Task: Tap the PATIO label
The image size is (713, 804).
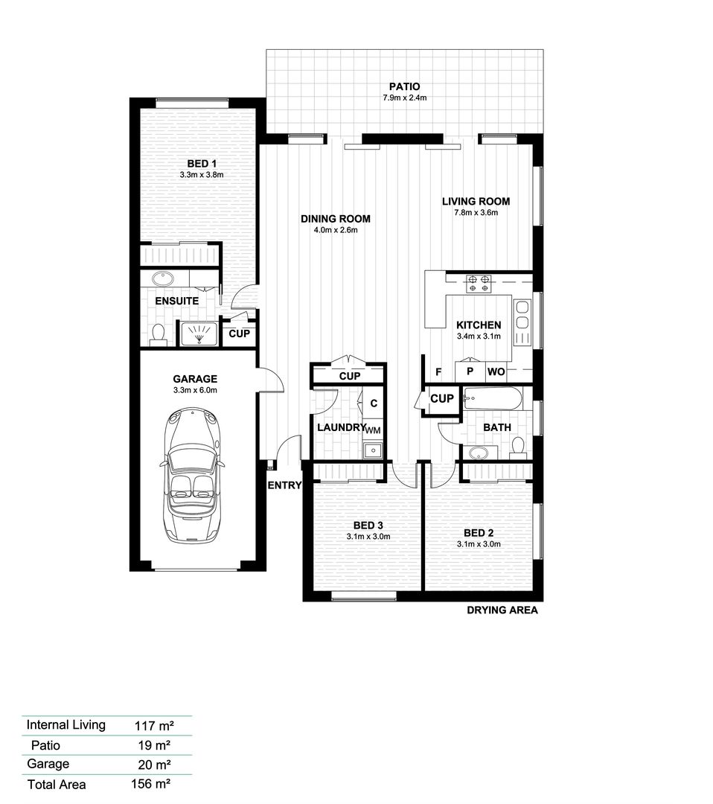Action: coord(404,87)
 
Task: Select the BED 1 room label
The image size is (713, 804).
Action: coord(202,164)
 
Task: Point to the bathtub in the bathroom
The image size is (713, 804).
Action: coord(492,399)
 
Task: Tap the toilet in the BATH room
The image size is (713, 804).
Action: coord(519,447)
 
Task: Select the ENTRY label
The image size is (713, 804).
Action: coord(284,485)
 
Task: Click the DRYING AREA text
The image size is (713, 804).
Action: coord(502,610)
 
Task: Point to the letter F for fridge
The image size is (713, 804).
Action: coord(438,371)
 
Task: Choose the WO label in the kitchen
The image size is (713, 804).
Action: coord(496,371)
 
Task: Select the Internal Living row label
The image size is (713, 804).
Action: coord(65,724)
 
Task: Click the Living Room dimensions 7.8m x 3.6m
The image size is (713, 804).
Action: coord(476,213)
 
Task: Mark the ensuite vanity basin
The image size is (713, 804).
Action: coord(163,280)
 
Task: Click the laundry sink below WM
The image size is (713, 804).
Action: coord(371,449)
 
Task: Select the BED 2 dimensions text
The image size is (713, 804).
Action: coord(479,544)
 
